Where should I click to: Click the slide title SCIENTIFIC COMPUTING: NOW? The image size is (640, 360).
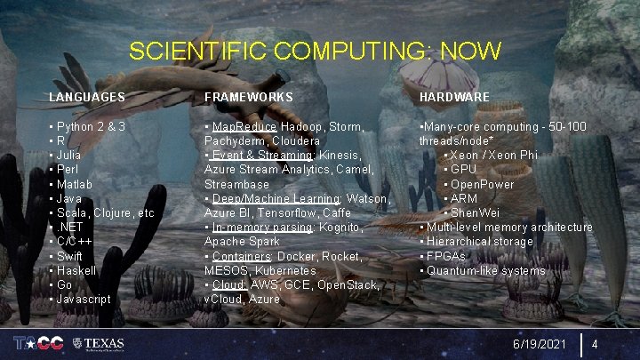pyautogui.click(x=316, y=51)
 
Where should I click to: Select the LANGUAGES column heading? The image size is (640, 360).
pyautogui.click(x=86, y=96)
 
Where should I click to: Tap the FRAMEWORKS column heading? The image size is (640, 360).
pyautogui.click(x=249, y=96)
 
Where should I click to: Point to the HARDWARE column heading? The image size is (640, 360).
pyautogui.click(x=454, y=96)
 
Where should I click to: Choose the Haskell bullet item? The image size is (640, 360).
pyautogui.click(x=76, y=270)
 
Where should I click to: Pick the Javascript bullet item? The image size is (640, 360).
pyautogui.click(x=83, y=299)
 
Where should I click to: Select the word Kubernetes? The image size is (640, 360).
pyautogui.click(x=285, y=270)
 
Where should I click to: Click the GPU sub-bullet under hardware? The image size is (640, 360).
pyautogui.click(x=463, y=169)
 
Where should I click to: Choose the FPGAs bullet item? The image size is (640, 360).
pyautogui.click(x=445, y=256)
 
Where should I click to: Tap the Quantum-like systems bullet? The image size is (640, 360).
pyautogui.click(x=485, y=270)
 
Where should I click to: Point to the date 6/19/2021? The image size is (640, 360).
pyautogui.click(x=538, y=343)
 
